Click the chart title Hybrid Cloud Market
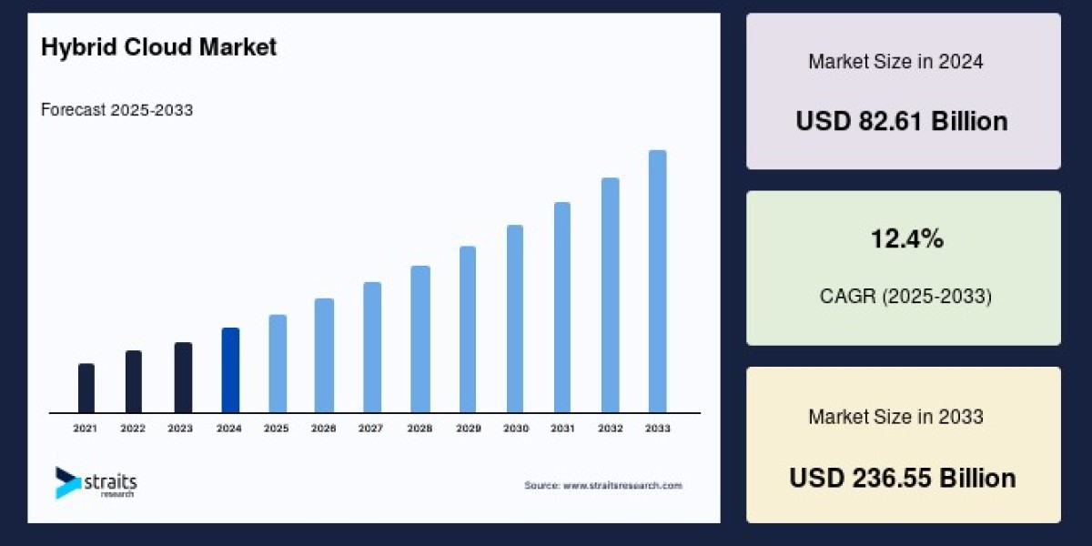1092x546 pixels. [158, 48]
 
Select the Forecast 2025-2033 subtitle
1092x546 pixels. [116, 110]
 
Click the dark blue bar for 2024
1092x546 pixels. [230, 370]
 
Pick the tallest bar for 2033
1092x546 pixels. [657, 281]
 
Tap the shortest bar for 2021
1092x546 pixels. [86, 389]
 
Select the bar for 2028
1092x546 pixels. [420, 339]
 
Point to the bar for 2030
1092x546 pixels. [515, 318]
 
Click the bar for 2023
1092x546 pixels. [183, 378]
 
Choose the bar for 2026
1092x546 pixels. [325, 356]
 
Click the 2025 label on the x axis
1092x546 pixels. [278, 428]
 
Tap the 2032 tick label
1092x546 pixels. [610, 428]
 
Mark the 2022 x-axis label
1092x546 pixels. [133, 428]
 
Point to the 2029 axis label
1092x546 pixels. [468, 428]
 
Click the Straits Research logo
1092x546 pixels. [95, 483]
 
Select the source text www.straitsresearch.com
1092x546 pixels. [602, 486]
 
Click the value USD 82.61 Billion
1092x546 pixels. [902, 121]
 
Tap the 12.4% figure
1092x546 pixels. [903, 239]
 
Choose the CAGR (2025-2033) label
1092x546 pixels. [903, 297]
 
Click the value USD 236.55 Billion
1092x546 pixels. [902, 478]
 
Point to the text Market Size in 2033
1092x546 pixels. [895, 417]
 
